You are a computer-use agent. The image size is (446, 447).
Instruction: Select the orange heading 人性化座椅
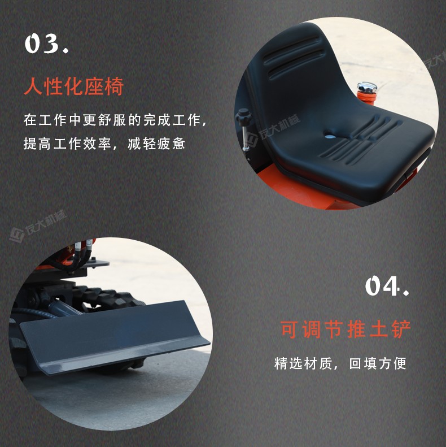click(x=73, y=87)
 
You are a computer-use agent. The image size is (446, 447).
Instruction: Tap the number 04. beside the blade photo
click(x=387, y=287)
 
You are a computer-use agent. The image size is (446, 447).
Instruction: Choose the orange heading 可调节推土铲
click(x=346, y=329)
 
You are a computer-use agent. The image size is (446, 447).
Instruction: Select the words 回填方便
click(x=378, y=363)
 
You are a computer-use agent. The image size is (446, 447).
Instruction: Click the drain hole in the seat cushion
click(x=329, y=135)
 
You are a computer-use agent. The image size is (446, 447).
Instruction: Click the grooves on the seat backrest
click(x=294, y=59)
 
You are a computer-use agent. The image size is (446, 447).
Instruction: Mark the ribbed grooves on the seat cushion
click(x=361, y=138)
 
